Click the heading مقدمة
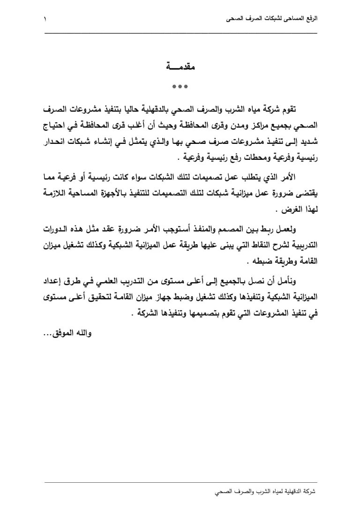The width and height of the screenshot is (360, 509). point(180,66)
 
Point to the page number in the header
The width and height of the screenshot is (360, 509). point(45,20)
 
